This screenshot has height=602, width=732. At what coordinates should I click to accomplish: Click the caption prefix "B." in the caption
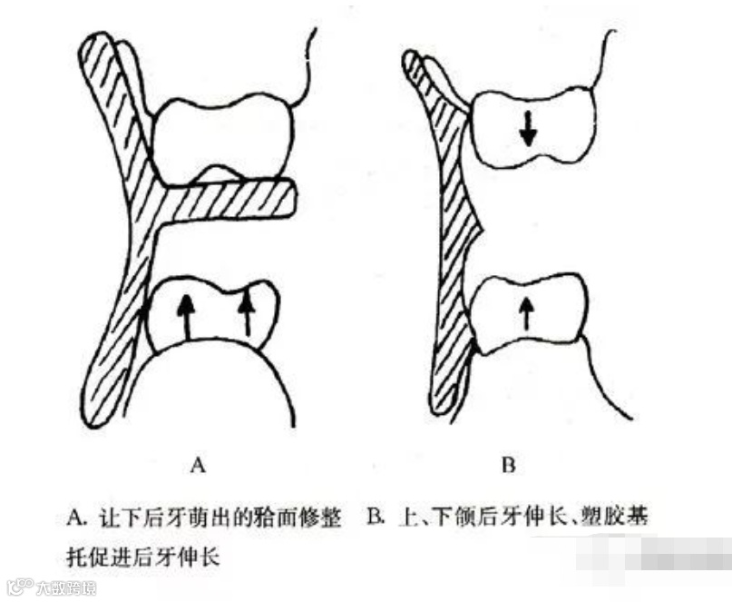[377, 519]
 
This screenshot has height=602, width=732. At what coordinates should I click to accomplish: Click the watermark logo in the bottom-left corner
[20, 587]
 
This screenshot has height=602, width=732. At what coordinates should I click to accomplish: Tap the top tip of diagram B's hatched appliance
[410, 59]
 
